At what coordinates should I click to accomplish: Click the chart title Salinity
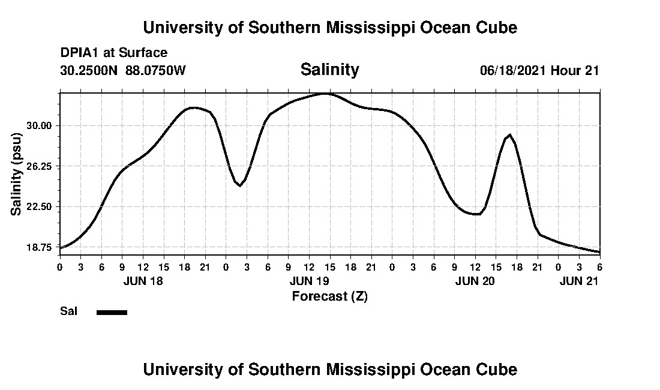329,70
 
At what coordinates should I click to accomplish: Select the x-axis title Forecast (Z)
329,296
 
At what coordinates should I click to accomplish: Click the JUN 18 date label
143,281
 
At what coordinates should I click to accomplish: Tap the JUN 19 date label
309,281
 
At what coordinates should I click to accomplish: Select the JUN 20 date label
475,281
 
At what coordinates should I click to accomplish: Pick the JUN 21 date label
579,281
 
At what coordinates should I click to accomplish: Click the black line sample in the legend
112,312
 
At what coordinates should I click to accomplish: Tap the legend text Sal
68,311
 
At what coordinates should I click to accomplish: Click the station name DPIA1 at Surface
113,53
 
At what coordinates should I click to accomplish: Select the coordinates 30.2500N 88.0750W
123,70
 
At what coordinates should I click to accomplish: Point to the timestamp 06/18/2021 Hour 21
539,70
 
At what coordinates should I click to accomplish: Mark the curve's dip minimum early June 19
240,186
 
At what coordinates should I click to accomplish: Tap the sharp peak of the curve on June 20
510,134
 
